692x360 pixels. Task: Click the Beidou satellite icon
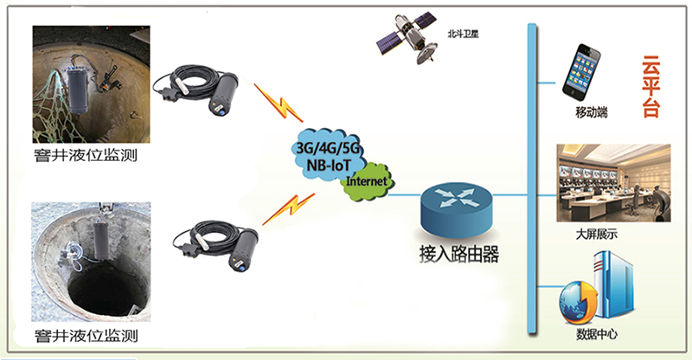tap(407, 37)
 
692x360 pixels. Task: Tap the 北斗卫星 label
tap(463, 34)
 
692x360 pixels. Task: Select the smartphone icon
tap(581, 73)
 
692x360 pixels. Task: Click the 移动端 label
tap(592, 112)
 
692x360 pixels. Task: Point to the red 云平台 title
tap(650, 87)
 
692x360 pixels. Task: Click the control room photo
tap(613, 183)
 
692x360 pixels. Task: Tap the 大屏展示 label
tap(596, 235)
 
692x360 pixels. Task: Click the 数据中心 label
tap(597, 334)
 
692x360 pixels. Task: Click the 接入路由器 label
tap(459, 254)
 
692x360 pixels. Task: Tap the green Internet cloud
tap(367, 182)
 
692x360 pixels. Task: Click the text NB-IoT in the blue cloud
tap(329, 165)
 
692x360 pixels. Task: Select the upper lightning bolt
tap(278, 103)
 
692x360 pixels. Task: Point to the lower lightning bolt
tap(289, 209)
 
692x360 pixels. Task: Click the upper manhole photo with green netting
tap(92, 84)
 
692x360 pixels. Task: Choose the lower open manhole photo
tap(91, 262)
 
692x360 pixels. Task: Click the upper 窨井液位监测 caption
tap(86, 155)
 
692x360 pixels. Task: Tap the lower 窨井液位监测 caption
tap(86, 336)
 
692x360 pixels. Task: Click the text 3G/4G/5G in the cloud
tap(328, 148)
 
